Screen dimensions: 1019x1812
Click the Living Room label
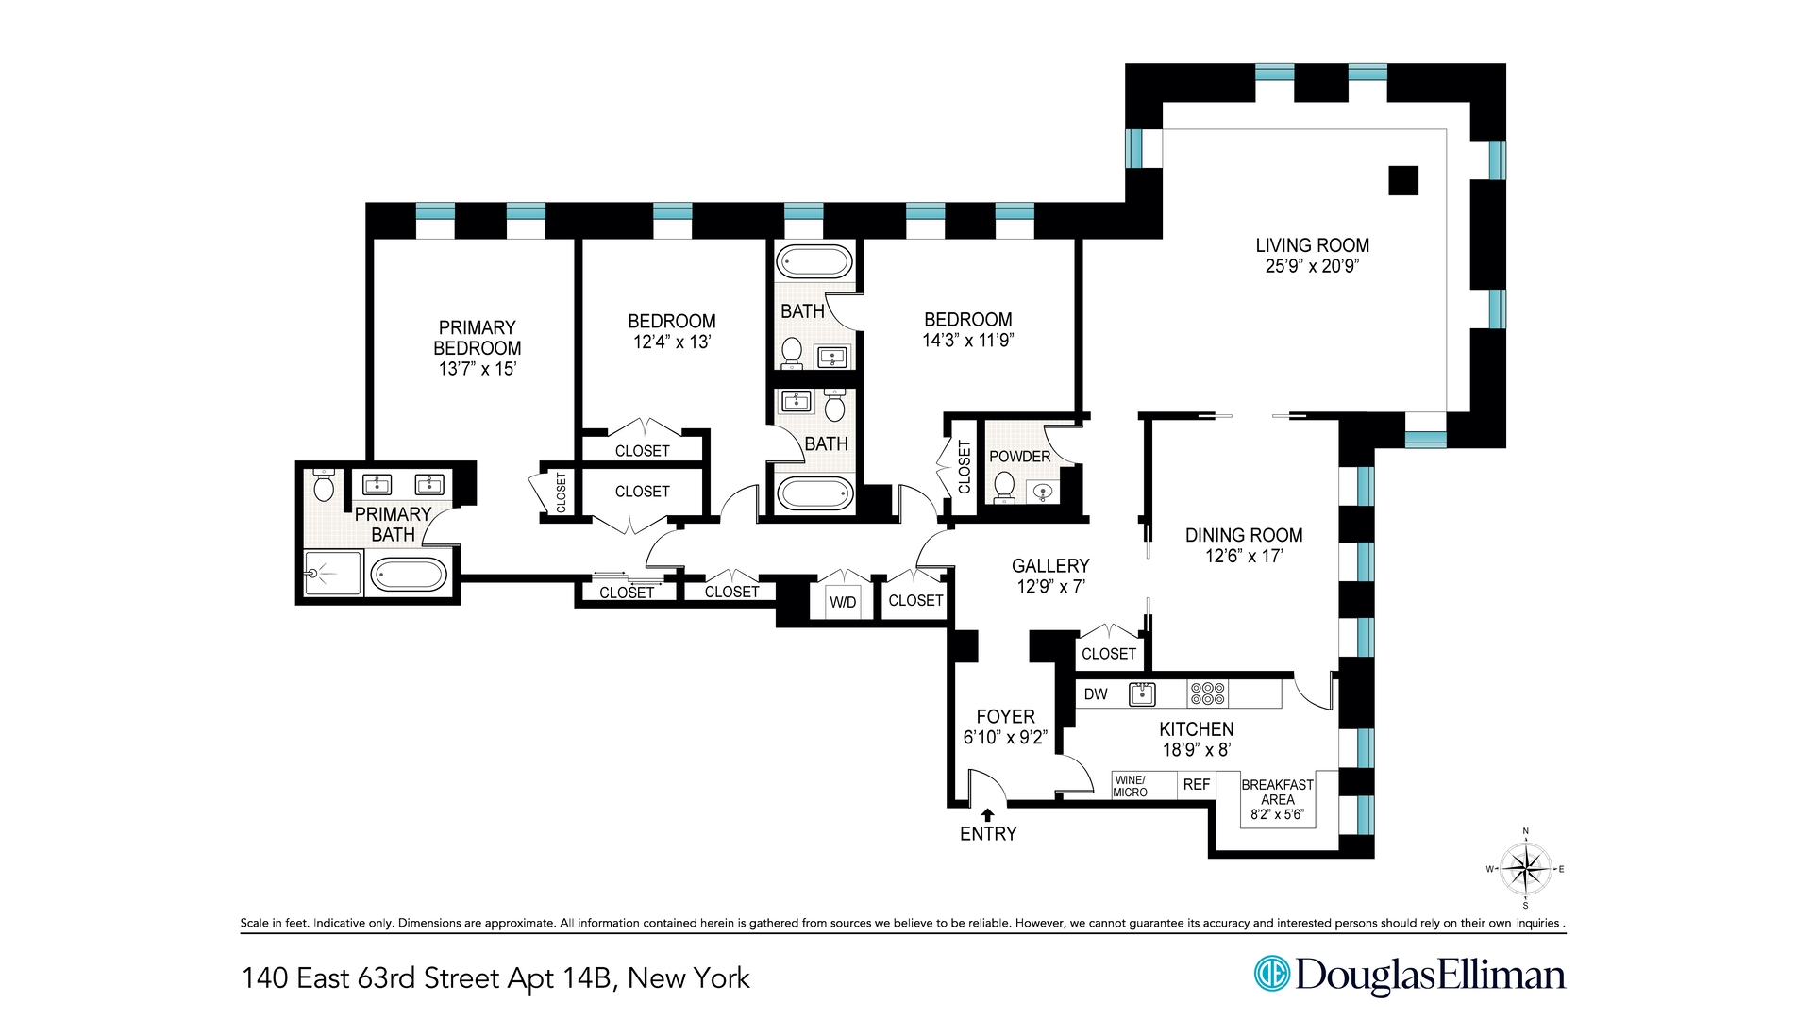click(x=1312, y=245)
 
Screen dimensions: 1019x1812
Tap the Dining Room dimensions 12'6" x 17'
click(x=1243, y=556)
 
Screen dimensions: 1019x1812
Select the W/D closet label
click(x=843, y=602)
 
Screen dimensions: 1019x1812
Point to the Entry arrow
click(x=988, y=814)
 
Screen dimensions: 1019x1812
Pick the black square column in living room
click(x=1403, y=180)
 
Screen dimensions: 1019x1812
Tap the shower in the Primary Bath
click(x=332, y=573)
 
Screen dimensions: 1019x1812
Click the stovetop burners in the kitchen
click(x=1207, y=694)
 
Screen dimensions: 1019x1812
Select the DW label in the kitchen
click(x=1096, y=694)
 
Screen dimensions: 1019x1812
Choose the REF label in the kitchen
click(x=1196, y=784)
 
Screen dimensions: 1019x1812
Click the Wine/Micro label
click(x=1130, y=786)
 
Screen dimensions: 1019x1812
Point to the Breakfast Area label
click(x=1277, y=792)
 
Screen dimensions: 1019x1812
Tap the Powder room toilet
click(x=1004, y=487)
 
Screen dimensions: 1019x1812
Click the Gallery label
click(x=1050, y=565)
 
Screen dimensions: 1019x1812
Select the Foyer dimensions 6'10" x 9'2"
click(x=1005, y=737)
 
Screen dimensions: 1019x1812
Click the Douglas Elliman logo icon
click(x=1271, y=974)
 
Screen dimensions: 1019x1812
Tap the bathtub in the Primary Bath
click(x=408, y=574)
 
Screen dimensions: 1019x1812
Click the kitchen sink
click(x=1142, y=694)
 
